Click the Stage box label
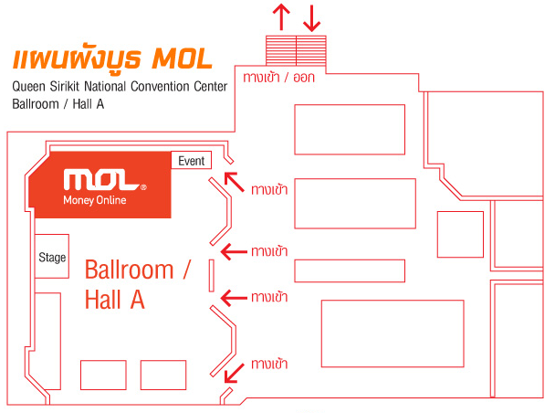point(52,257)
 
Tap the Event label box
point(191,160)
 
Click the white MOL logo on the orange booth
point(105,180)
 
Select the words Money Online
point(95,200)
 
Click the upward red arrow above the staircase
point(281,16)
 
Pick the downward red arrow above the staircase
point(312,17)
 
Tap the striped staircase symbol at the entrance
point(296,50)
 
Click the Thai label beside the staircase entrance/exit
point(279,78)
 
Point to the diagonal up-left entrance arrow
point(235,182)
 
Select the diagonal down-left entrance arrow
point(235,373)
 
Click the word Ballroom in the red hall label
point(130,270)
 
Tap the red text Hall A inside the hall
point(115,300)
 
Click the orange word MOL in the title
point(182,58)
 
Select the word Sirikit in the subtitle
point(65,87)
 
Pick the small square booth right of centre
point(460,234)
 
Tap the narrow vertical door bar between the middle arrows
point(212,276)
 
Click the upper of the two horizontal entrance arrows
point(234,252)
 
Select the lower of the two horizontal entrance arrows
point(234,298)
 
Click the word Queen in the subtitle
point(28,87)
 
